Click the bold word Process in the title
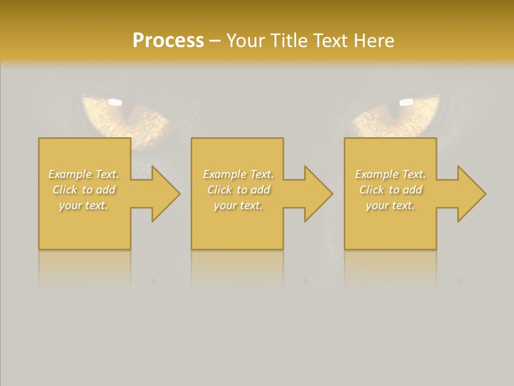168,41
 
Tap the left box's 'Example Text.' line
84,174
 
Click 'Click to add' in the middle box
238,190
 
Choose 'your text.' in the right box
390,205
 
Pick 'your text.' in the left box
84,205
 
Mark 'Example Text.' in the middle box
238,174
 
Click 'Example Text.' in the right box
390,174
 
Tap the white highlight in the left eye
115,101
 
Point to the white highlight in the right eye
406,101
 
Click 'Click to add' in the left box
84,190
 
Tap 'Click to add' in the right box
390,190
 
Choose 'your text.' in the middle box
238,205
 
